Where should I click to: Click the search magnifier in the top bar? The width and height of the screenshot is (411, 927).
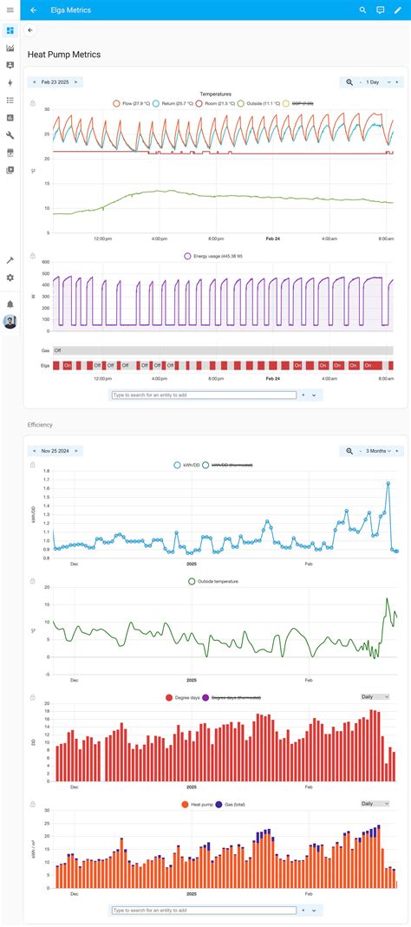[362, 10]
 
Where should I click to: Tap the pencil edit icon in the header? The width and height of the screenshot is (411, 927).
[398, 10]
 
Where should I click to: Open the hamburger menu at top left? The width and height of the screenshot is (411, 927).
[10, 10]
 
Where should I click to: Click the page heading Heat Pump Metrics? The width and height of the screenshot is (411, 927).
[64, 55]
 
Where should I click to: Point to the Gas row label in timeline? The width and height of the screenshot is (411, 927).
[46, 350]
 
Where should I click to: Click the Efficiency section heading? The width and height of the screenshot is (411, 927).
[40, 425]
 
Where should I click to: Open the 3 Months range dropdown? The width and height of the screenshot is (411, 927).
[377, 451]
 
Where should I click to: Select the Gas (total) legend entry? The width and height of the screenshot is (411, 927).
[231, 805]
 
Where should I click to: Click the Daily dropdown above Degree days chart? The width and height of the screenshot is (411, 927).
[375, 697]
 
